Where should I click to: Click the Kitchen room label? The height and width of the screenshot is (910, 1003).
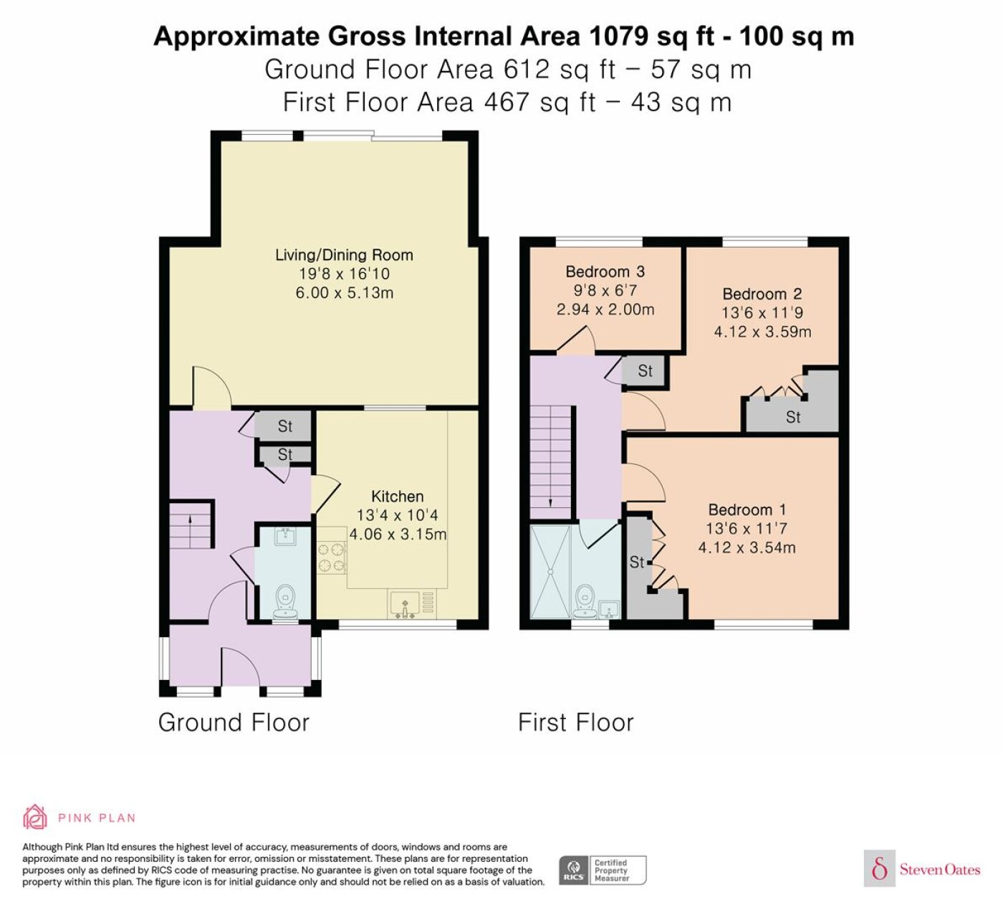coord(397,497)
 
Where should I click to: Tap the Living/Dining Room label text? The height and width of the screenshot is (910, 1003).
coord(344,255)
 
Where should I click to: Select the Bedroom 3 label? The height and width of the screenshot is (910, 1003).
coord(605,272)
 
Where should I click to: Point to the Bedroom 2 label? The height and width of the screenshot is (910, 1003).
coord(762,294)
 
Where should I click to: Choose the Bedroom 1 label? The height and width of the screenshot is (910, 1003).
coord(747,509)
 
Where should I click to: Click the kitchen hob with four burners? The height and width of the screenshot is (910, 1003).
coord(332,557)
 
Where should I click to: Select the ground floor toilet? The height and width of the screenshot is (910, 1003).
coord(286,601)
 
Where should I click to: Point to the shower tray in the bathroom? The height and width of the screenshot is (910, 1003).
coord(550,571)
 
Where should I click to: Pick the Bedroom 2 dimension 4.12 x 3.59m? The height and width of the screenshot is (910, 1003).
coord(762,332)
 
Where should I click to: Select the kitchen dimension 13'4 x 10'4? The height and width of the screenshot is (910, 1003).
coord(397,515)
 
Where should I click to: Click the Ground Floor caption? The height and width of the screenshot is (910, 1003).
coord(234,723)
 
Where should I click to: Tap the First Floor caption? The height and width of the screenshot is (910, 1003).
coord(575,723)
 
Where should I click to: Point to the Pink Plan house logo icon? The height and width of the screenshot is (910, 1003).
coord(35,817)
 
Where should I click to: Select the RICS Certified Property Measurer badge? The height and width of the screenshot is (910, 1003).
coord(603,870)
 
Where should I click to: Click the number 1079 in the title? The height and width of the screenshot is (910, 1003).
coord(618,37)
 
